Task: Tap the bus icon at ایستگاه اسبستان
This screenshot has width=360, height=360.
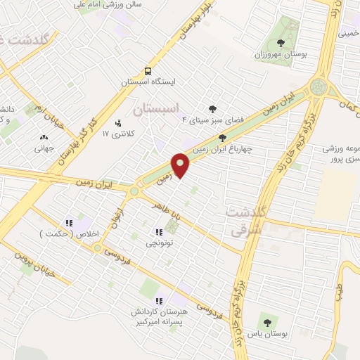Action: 147,71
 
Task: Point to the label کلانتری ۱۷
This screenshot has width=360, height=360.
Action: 117,133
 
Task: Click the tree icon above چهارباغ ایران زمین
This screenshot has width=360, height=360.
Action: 222,138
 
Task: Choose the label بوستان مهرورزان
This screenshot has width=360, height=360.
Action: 289,54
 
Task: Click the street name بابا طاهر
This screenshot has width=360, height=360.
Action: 166,209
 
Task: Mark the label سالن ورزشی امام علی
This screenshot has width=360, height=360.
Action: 107,4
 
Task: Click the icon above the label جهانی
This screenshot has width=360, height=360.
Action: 44,138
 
